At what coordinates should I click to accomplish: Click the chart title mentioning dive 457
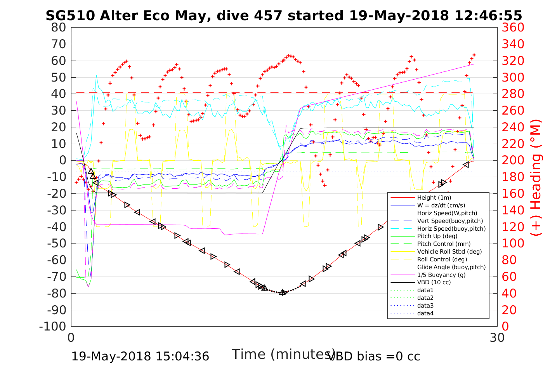[284, 16]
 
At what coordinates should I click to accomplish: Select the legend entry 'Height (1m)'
[434, 198]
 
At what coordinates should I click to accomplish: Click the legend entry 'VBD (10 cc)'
[434, 282]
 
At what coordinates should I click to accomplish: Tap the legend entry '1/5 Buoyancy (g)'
[441, 275]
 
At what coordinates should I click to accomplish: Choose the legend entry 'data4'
[425, 313]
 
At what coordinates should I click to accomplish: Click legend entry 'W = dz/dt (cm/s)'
[441, 205]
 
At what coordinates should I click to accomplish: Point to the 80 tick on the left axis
[59, 28]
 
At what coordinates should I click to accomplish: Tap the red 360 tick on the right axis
[513, 28]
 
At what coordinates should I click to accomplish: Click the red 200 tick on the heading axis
[513, 160]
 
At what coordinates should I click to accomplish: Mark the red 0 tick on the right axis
[505, 326]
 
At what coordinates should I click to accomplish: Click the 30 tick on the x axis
[497, 337]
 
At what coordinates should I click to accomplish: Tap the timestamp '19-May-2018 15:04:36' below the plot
[140, 356]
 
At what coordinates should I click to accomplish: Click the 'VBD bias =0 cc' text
[373, 356]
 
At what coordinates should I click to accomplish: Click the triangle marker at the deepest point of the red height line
[283, 292]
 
